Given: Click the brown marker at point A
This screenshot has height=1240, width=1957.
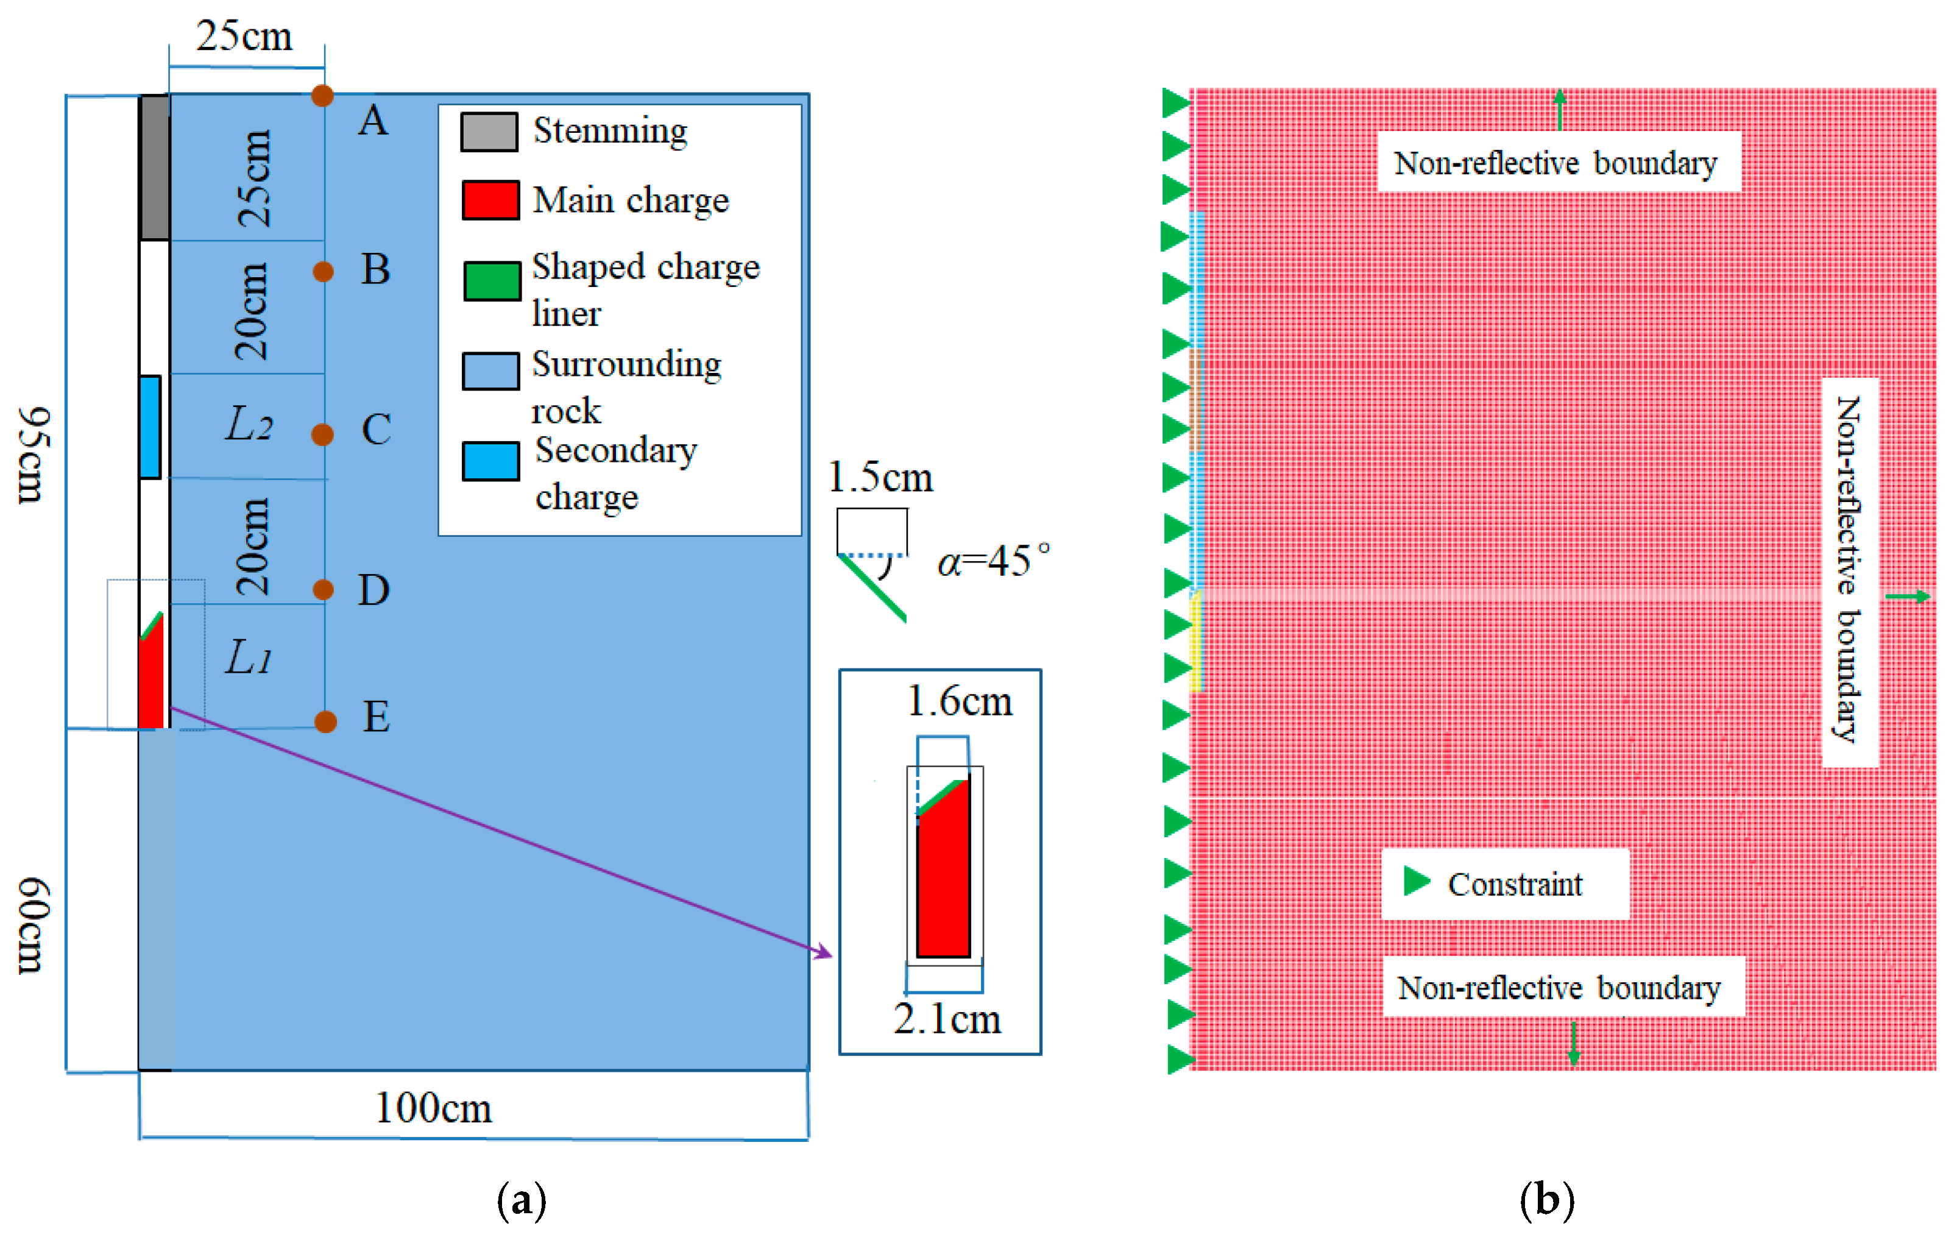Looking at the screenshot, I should [323, 96].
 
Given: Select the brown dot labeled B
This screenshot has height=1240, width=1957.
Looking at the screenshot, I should [324, 271].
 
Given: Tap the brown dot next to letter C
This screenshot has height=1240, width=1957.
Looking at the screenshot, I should [323, 434].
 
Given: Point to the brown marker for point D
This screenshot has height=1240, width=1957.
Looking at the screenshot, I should [324, 589].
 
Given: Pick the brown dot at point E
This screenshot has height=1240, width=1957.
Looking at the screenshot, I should [325, 721].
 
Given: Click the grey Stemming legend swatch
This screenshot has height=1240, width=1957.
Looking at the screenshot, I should [489, 132].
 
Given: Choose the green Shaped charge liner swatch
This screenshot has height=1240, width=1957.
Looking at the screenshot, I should [492, 281].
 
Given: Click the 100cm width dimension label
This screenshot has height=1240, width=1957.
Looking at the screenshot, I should [433, 1108].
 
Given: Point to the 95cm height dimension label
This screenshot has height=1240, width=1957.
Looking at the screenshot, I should [34, 455].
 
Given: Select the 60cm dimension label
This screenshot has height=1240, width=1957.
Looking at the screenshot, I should [34, 925].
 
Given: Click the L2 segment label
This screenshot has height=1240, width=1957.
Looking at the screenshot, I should [249, 425].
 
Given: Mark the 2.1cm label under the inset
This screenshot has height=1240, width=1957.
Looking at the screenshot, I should [947, 1019].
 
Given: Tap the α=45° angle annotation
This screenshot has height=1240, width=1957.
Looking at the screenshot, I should [993, 561].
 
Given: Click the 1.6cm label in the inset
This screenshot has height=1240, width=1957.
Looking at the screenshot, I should [959, 701].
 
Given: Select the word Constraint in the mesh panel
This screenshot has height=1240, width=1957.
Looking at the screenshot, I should [1515, 884].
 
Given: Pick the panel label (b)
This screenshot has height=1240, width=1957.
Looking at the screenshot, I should [1546, 1199].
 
